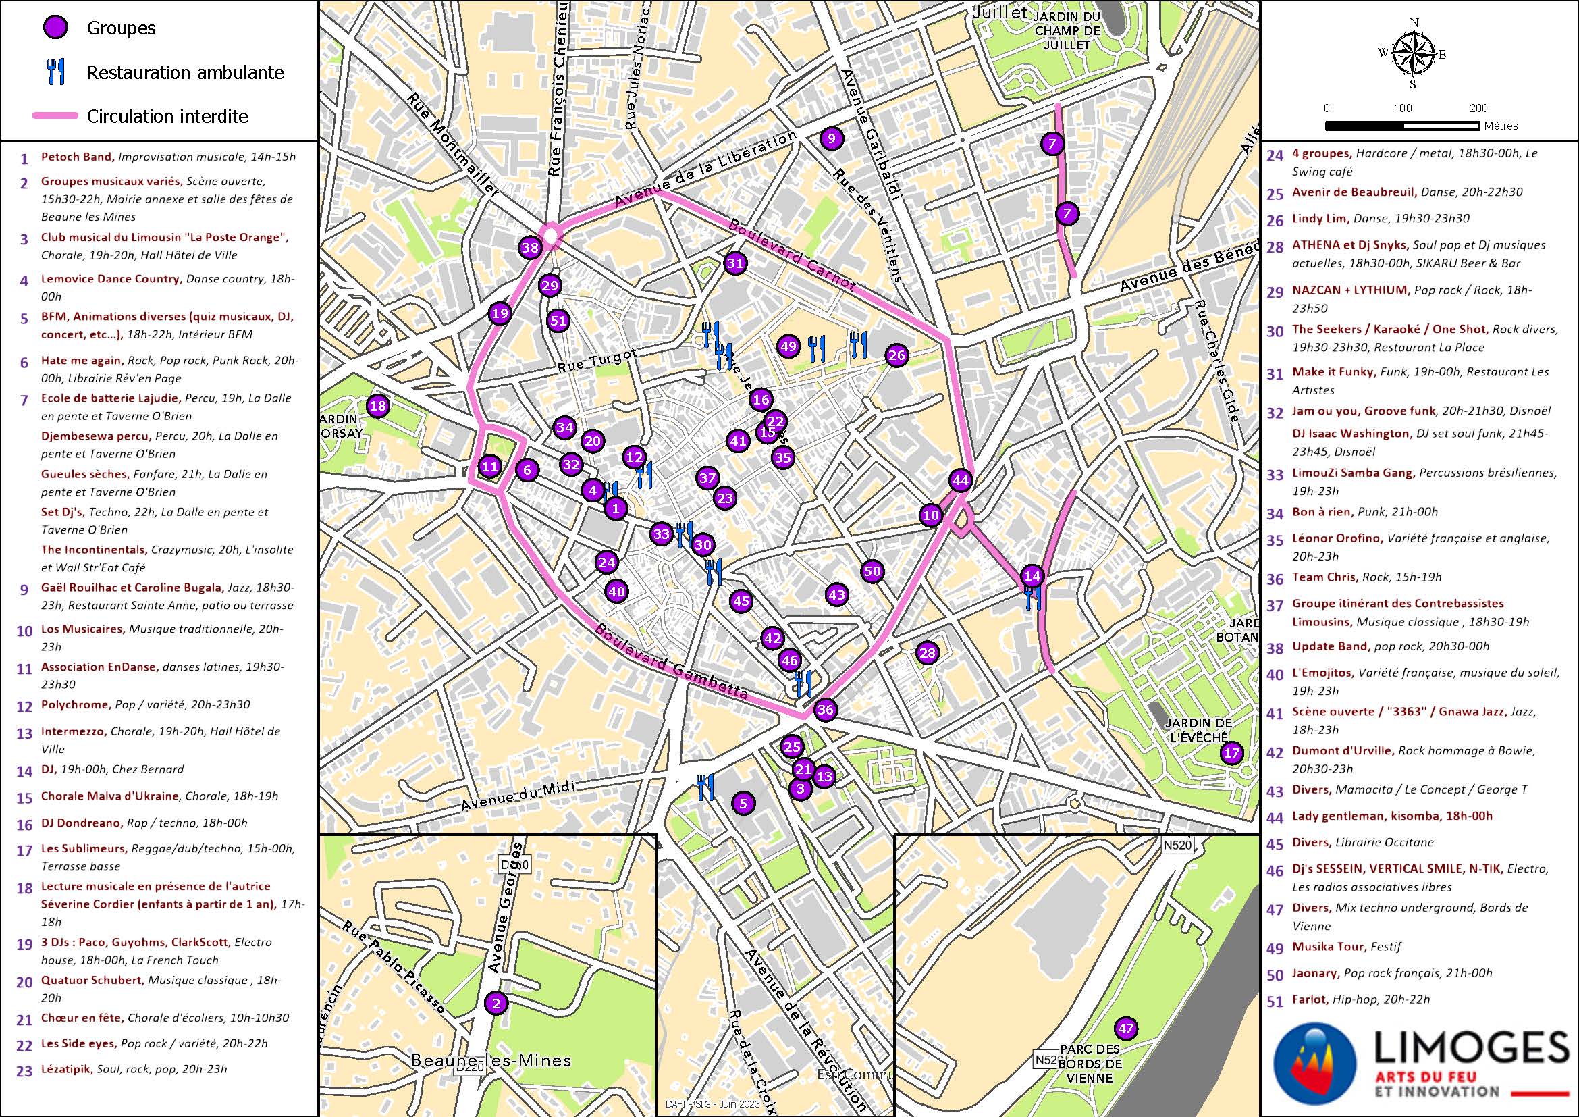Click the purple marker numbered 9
tap(831, 138)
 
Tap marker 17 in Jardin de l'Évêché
tap(1231, 752)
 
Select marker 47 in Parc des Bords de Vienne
tap(1126, 1029)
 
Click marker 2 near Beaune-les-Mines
tap(496, 1003)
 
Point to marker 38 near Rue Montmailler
tap(530, 248)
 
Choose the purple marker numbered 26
tap(896, 355)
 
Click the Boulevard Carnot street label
tap(792, 255)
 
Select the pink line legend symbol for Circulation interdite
tap(55, 116)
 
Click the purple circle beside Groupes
tap(54, 28)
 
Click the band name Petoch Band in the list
tap(76, 157)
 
